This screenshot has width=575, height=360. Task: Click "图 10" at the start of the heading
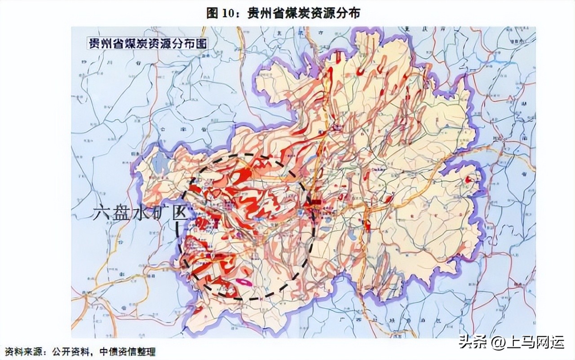(223, 13)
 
